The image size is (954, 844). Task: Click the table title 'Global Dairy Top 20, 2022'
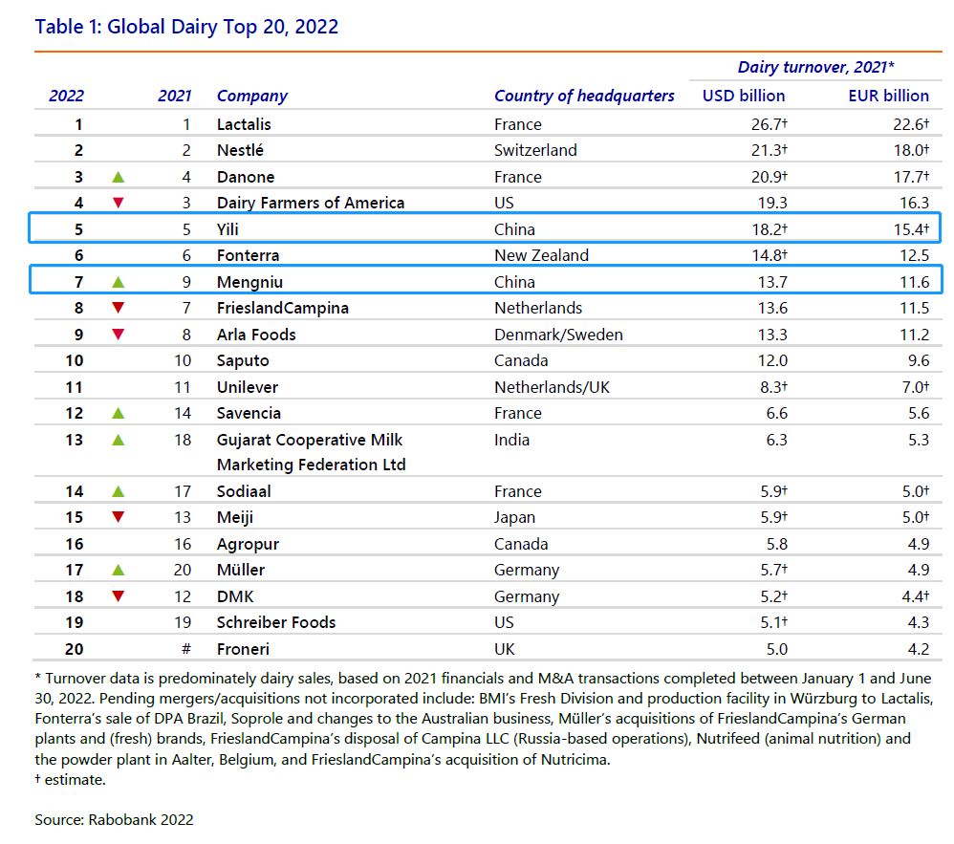tap(223, 28)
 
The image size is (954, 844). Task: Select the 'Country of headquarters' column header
tap(584, 97)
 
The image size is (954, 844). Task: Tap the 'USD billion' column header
tap(744, 97)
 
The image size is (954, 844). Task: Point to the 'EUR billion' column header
tap(888, 97)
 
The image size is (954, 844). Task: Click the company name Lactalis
tap(244, 124)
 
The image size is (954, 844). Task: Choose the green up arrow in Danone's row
tap(118, 177)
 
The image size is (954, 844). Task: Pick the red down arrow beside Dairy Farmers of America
tap(118, 203)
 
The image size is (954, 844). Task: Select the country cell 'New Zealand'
tap(541, 255)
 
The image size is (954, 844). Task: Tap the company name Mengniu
tap(250, 282)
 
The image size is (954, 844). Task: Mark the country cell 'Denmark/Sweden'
tap(558, 335)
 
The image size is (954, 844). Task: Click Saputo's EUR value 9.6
tap(918, 361)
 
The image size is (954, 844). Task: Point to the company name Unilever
tap(248, 387)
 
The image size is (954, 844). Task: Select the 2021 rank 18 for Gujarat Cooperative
tap(183, 440)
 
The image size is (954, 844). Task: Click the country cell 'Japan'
tap(514, 518)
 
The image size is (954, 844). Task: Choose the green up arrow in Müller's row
tap(118, 571)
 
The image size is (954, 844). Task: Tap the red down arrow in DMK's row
tap(118, 596)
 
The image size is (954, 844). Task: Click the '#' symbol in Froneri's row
tap(186, 649)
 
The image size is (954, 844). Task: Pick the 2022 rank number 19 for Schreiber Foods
tap(75, 622)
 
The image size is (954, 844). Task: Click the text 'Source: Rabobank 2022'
tap(114, 820)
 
